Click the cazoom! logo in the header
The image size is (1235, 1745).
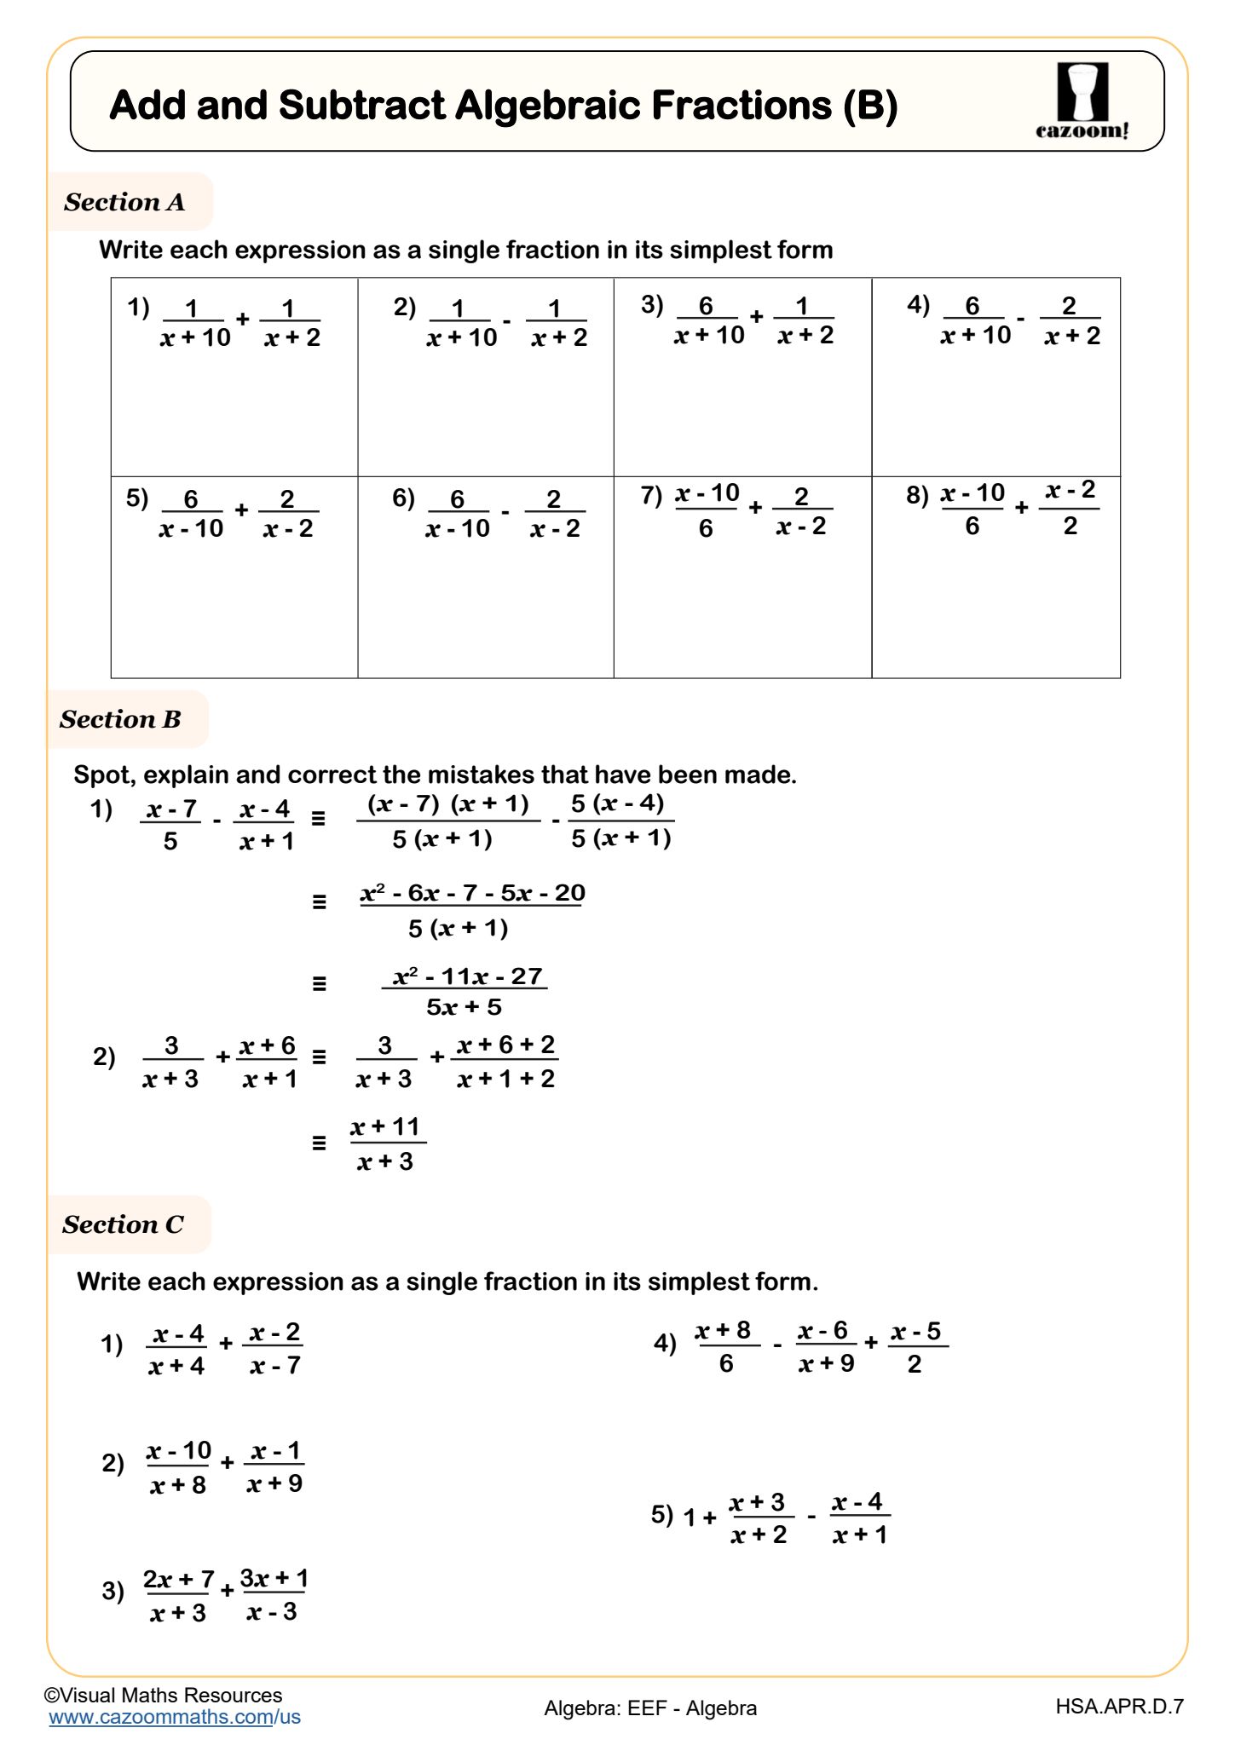(1082, 101)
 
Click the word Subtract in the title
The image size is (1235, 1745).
(362, 106)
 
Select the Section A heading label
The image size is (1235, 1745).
(124, 202)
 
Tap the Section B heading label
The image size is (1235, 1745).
(120, 719)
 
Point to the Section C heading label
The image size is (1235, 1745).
(123, 1224)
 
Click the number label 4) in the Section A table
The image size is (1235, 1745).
(918, 304)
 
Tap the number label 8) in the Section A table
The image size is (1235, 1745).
(917, 494)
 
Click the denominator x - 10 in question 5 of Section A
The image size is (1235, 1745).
(191, 529)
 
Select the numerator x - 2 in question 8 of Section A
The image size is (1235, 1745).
(1070, 491)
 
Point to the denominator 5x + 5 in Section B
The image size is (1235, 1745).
(464, 1008)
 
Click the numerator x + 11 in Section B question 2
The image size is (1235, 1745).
(386, 1126)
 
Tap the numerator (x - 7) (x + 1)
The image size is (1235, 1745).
(448, 804)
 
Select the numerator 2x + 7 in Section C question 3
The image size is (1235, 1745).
(178, 1579)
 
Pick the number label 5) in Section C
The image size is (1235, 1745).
(661, 1514)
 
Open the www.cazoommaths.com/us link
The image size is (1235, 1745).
(175, 1717)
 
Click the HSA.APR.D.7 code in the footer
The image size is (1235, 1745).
(1119, 1706)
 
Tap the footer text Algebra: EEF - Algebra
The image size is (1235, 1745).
(650, 1708)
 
